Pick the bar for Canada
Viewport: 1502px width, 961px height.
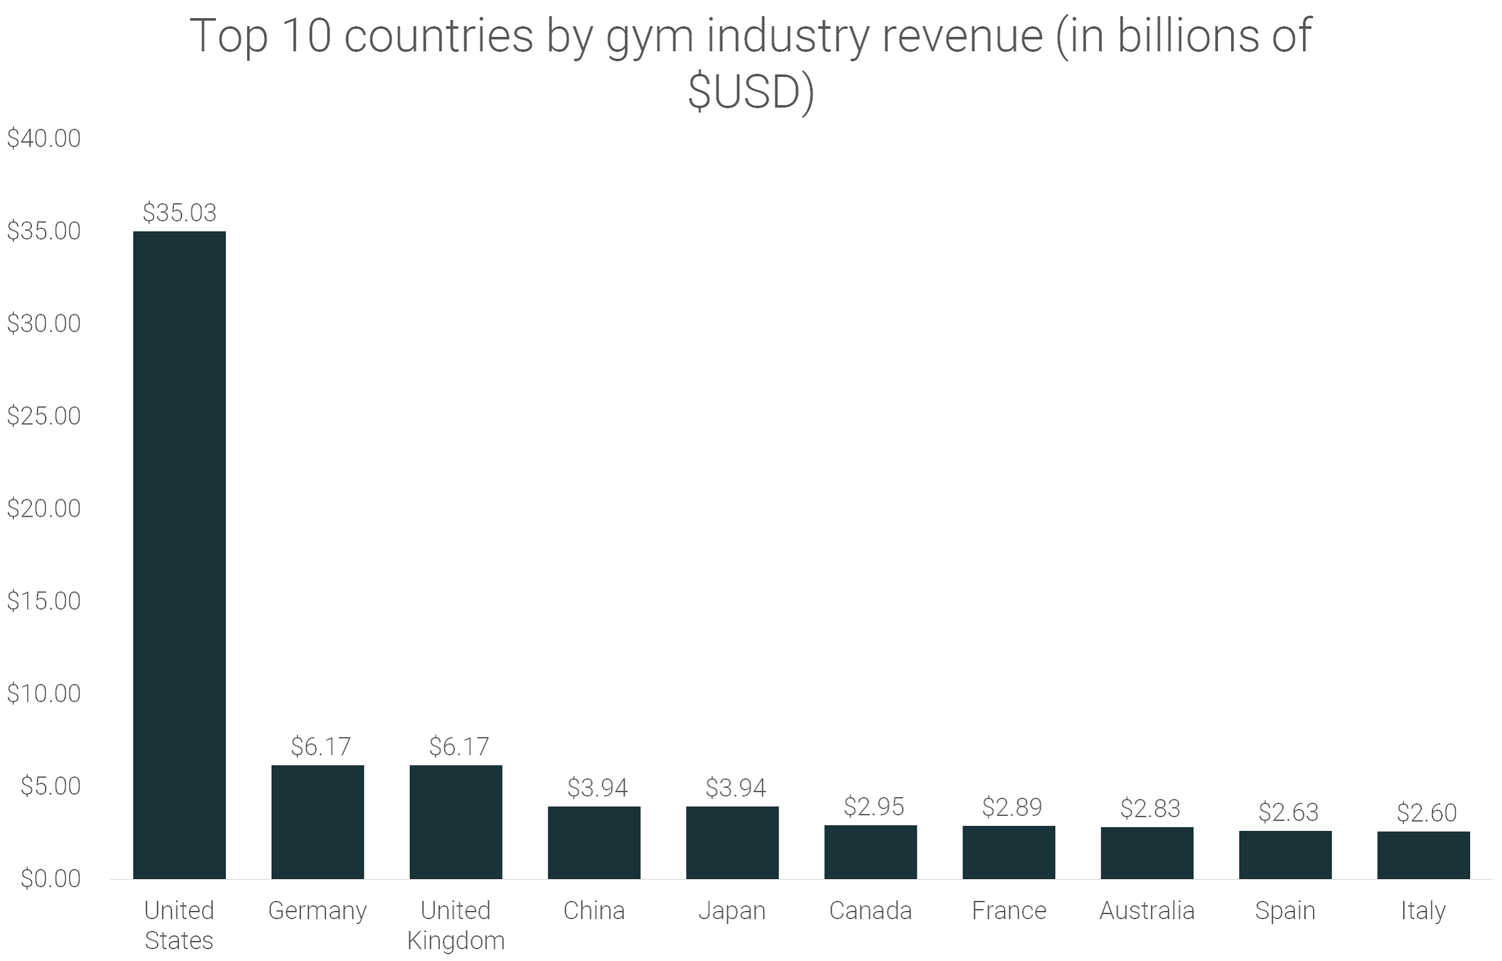click(x=870, y=852)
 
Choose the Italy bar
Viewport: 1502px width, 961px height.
click(x=1423, y=855)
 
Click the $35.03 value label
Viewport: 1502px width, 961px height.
click(x=179, y=213)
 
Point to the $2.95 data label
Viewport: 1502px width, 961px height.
click(x=874, y=806)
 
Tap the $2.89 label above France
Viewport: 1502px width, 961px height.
click(x=1012, y=807)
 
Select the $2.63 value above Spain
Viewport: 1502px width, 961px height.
click(x=1289, y=812)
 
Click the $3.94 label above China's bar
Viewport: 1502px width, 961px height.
click(x=597, y=788)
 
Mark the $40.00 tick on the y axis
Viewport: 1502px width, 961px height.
click(x=44, y=138)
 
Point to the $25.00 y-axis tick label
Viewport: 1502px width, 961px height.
click(x=44, y=416)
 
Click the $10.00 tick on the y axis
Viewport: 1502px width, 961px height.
click(x=44, y=693)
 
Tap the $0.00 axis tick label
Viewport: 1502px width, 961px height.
click(x=50, y=878)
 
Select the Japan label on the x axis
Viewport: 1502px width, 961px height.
click(x=732, y=910)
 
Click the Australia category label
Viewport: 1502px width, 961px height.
click(x=1147, y=910)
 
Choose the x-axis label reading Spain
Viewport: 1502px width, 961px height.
click(x=1285, y=910)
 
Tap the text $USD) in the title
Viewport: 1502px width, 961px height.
click(x=750, y=92)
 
